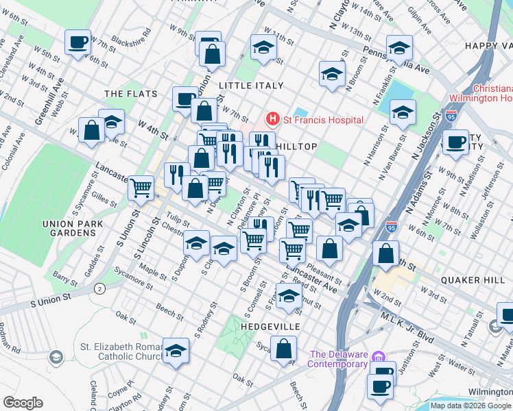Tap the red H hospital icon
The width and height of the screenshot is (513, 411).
273,120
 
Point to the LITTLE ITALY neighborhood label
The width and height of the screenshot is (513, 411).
250,86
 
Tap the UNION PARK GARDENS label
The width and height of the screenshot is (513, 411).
72,228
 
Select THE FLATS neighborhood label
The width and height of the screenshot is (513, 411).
130,94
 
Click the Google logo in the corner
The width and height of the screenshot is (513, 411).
23,403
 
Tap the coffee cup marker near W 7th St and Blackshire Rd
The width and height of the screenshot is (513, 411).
77,42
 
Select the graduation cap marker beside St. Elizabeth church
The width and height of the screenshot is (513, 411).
176,351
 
